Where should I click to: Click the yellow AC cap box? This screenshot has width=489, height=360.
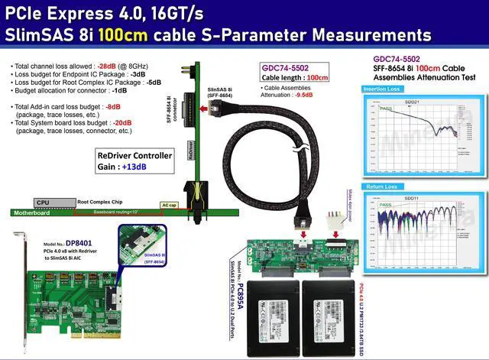[170, 205]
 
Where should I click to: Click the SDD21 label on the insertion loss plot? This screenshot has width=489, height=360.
[412, 102]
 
